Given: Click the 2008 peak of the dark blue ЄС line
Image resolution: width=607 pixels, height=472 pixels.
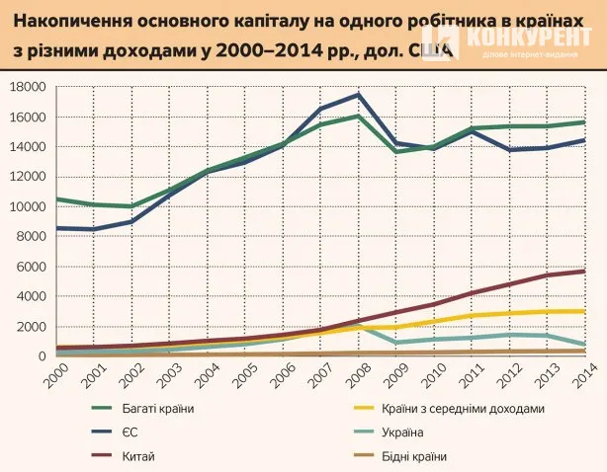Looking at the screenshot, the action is tap(359, 95).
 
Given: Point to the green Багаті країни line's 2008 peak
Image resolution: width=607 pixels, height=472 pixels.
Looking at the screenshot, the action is tap(359, 116).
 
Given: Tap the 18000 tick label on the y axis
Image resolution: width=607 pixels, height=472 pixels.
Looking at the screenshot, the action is tap(27, 87).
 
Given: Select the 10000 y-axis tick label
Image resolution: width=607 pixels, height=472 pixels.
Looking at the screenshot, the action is tap(27, 206).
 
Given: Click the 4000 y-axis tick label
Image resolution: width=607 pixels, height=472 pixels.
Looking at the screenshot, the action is tap(31, 296).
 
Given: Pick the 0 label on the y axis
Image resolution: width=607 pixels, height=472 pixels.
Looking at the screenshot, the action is tap(42, 356).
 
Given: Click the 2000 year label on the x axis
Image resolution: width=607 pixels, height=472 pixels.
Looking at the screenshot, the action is tap(56, 375).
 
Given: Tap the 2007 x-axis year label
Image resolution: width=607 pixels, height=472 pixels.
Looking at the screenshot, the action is tap(321, 375).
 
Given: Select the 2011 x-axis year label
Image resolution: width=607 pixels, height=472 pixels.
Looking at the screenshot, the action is tap(473, 375).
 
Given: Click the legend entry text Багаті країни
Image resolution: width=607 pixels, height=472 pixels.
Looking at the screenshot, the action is tap(158, 409).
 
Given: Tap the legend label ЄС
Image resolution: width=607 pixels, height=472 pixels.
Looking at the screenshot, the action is tap(130, 433).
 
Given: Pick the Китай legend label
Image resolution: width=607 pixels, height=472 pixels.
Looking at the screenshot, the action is tap(138, 456).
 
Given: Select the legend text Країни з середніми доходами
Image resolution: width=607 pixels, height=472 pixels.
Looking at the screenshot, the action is tap(463, 409).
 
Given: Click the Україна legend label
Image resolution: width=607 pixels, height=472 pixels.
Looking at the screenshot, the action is tap(402, 433).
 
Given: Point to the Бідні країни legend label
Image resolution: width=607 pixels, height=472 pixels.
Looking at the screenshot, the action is tap(414, 456).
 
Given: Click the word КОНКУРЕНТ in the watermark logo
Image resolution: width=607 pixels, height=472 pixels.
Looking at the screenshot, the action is tap(530, 38).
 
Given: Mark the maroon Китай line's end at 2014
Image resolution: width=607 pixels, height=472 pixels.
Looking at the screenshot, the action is tap(584, 272).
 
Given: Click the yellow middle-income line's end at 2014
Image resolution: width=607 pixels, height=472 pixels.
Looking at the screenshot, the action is tap(584, 312).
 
